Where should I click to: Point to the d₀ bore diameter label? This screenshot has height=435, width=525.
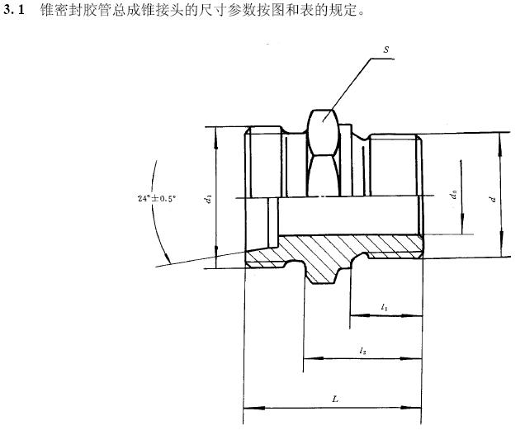point(454,195)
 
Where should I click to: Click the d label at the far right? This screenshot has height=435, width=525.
point(493,198)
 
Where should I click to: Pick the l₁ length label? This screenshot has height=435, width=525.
point(385,307)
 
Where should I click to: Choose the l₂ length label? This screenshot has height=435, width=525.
point(362,351)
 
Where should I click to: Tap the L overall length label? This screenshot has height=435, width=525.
point(334,399)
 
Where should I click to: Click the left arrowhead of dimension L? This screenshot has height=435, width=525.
point(248,407)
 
